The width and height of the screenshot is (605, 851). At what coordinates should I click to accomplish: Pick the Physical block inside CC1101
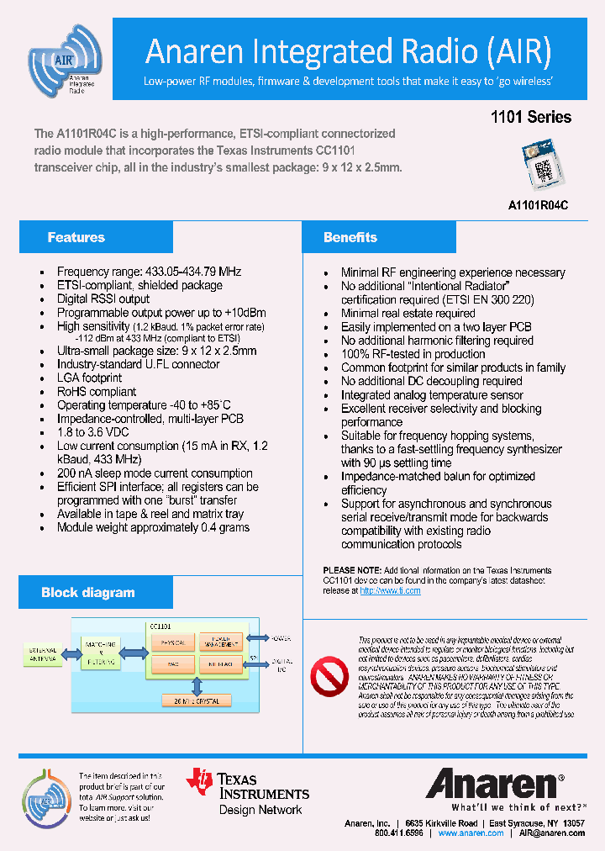pyautogui.click(x=172, y=642)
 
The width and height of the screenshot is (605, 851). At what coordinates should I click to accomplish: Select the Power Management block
pyautogui.click(x=220, y=642)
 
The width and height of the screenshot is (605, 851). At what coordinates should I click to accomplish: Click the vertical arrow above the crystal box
pyautogui.click(x=197, y=685)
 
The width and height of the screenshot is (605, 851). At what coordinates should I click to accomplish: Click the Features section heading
pyautogui.click(x=76, y=238)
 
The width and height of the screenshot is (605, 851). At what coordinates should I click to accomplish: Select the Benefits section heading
pyautogui.click(x=350, y=238)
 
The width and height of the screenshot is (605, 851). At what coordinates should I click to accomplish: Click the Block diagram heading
pyautogui.click(x=87, y=593)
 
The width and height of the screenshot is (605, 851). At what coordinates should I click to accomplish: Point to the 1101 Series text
pyautogui.click(x=530, y=118)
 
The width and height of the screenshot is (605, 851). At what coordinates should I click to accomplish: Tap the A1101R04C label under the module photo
pyautogui.click(x=538, y=204)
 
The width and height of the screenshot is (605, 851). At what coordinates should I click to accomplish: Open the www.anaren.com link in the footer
pyautogui.click(x=471, y=833)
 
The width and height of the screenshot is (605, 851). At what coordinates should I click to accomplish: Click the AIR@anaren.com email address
pyautogui.click(x=551, y=833)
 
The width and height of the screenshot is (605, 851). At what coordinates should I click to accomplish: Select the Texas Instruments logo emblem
pyautogui.click(x=200, y=780)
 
